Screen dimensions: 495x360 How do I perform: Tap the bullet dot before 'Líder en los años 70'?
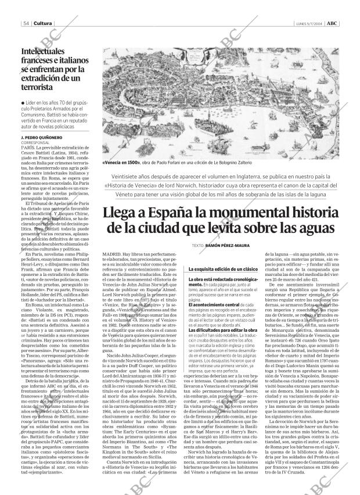[21, 103]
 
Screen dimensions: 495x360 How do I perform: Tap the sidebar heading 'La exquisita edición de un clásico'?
[222, 270]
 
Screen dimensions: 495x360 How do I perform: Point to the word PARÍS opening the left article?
[27, 149]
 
